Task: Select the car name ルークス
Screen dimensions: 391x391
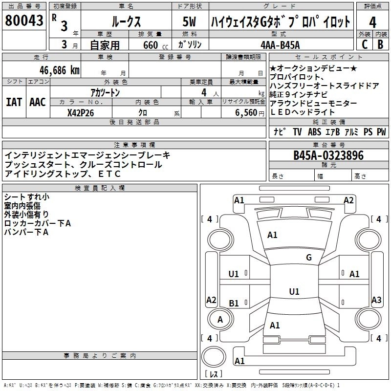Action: coord(126,22)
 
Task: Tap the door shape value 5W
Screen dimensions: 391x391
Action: coord(190,22)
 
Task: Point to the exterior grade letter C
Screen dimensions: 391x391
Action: coord(364,44)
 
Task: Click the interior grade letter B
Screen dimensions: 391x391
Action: coord(380,44)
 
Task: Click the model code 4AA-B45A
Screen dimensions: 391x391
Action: coord(280,45)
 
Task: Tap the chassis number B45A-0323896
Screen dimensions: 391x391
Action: coord(328,155)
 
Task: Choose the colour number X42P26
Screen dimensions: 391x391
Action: coord(80,113)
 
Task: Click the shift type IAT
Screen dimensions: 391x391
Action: coord(13,102)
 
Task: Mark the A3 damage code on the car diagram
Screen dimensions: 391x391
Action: coord(376,300)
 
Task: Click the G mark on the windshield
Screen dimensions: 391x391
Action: coord(308,258)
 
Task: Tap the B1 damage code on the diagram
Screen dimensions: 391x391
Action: coord(234,303)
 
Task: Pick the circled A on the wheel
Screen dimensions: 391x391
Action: coord(220,319)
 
